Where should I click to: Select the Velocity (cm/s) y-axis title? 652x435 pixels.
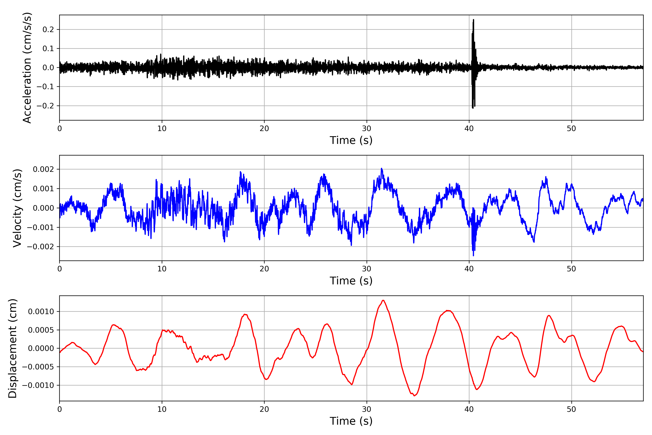coord(17,208)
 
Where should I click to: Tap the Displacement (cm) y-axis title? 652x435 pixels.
coord(12,348)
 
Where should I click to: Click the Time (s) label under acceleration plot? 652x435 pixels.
coord(351,140)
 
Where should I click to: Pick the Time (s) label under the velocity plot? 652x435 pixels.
coord(351,281)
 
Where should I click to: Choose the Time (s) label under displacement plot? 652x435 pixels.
coord(351,421)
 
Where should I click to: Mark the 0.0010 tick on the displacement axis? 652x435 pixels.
coord(41,312)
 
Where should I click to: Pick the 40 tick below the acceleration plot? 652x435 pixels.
coord(469,129)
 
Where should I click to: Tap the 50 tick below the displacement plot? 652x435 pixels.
coord(571,409)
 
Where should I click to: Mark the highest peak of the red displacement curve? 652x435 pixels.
coord(383,301)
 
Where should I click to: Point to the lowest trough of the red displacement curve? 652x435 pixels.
coord(414,396)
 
